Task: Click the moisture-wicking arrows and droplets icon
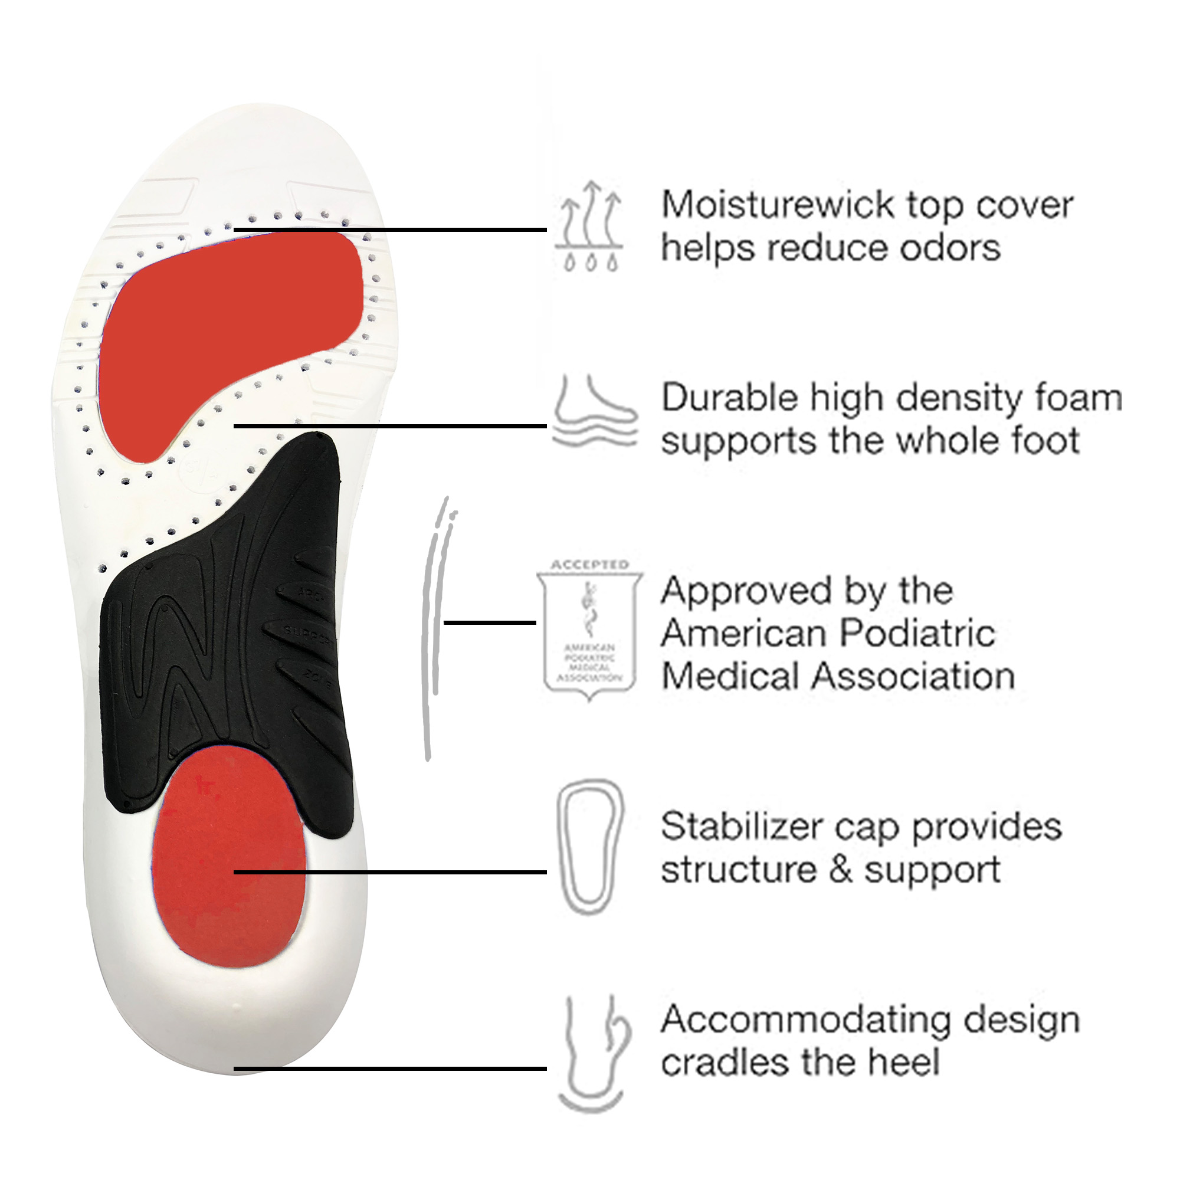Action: coord(590,226)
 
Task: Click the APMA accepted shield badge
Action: coord(589,635)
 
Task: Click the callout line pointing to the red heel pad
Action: coord(391,872)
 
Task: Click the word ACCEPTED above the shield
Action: coord(589,565)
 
